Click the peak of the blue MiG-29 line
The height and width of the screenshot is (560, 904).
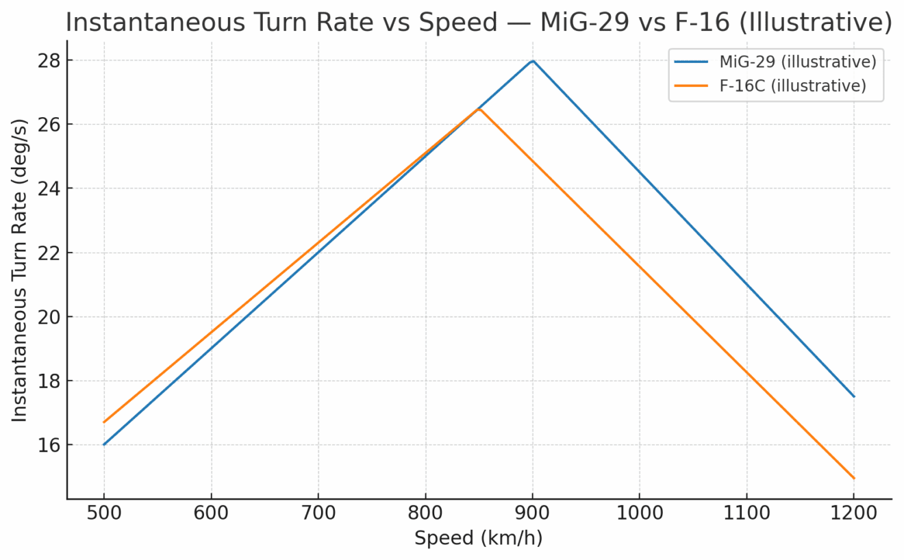(533, 61)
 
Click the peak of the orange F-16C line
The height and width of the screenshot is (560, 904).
(479, 110)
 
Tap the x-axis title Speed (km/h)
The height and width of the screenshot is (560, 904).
(479, 539)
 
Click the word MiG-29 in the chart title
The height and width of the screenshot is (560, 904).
(574, 23)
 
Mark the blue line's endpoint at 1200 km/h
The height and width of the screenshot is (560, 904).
(854, 396)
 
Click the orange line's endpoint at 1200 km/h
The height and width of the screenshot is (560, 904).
(854, 478)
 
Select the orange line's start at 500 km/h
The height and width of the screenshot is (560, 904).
(104, 422)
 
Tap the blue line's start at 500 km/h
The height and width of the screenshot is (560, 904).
(104, 444)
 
